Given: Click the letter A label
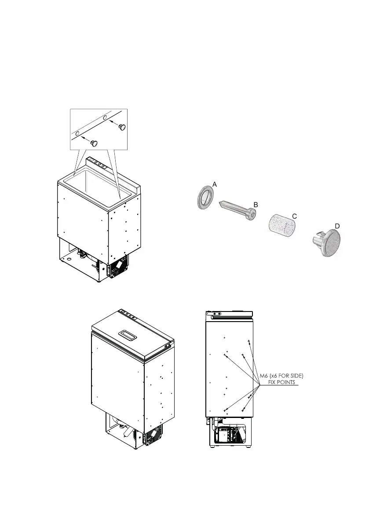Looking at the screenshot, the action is point(214,186).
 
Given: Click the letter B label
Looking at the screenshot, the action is point(255,205).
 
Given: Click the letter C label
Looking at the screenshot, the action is point(295,216).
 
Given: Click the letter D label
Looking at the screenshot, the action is point(337,225).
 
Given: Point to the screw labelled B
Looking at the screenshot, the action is point(238,209).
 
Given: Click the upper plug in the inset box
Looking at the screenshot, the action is point(122,127).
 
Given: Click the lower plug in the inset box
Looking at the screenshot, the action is point(94,143).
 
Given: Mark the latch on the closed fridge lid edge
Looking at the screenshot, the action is point(168,346).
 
